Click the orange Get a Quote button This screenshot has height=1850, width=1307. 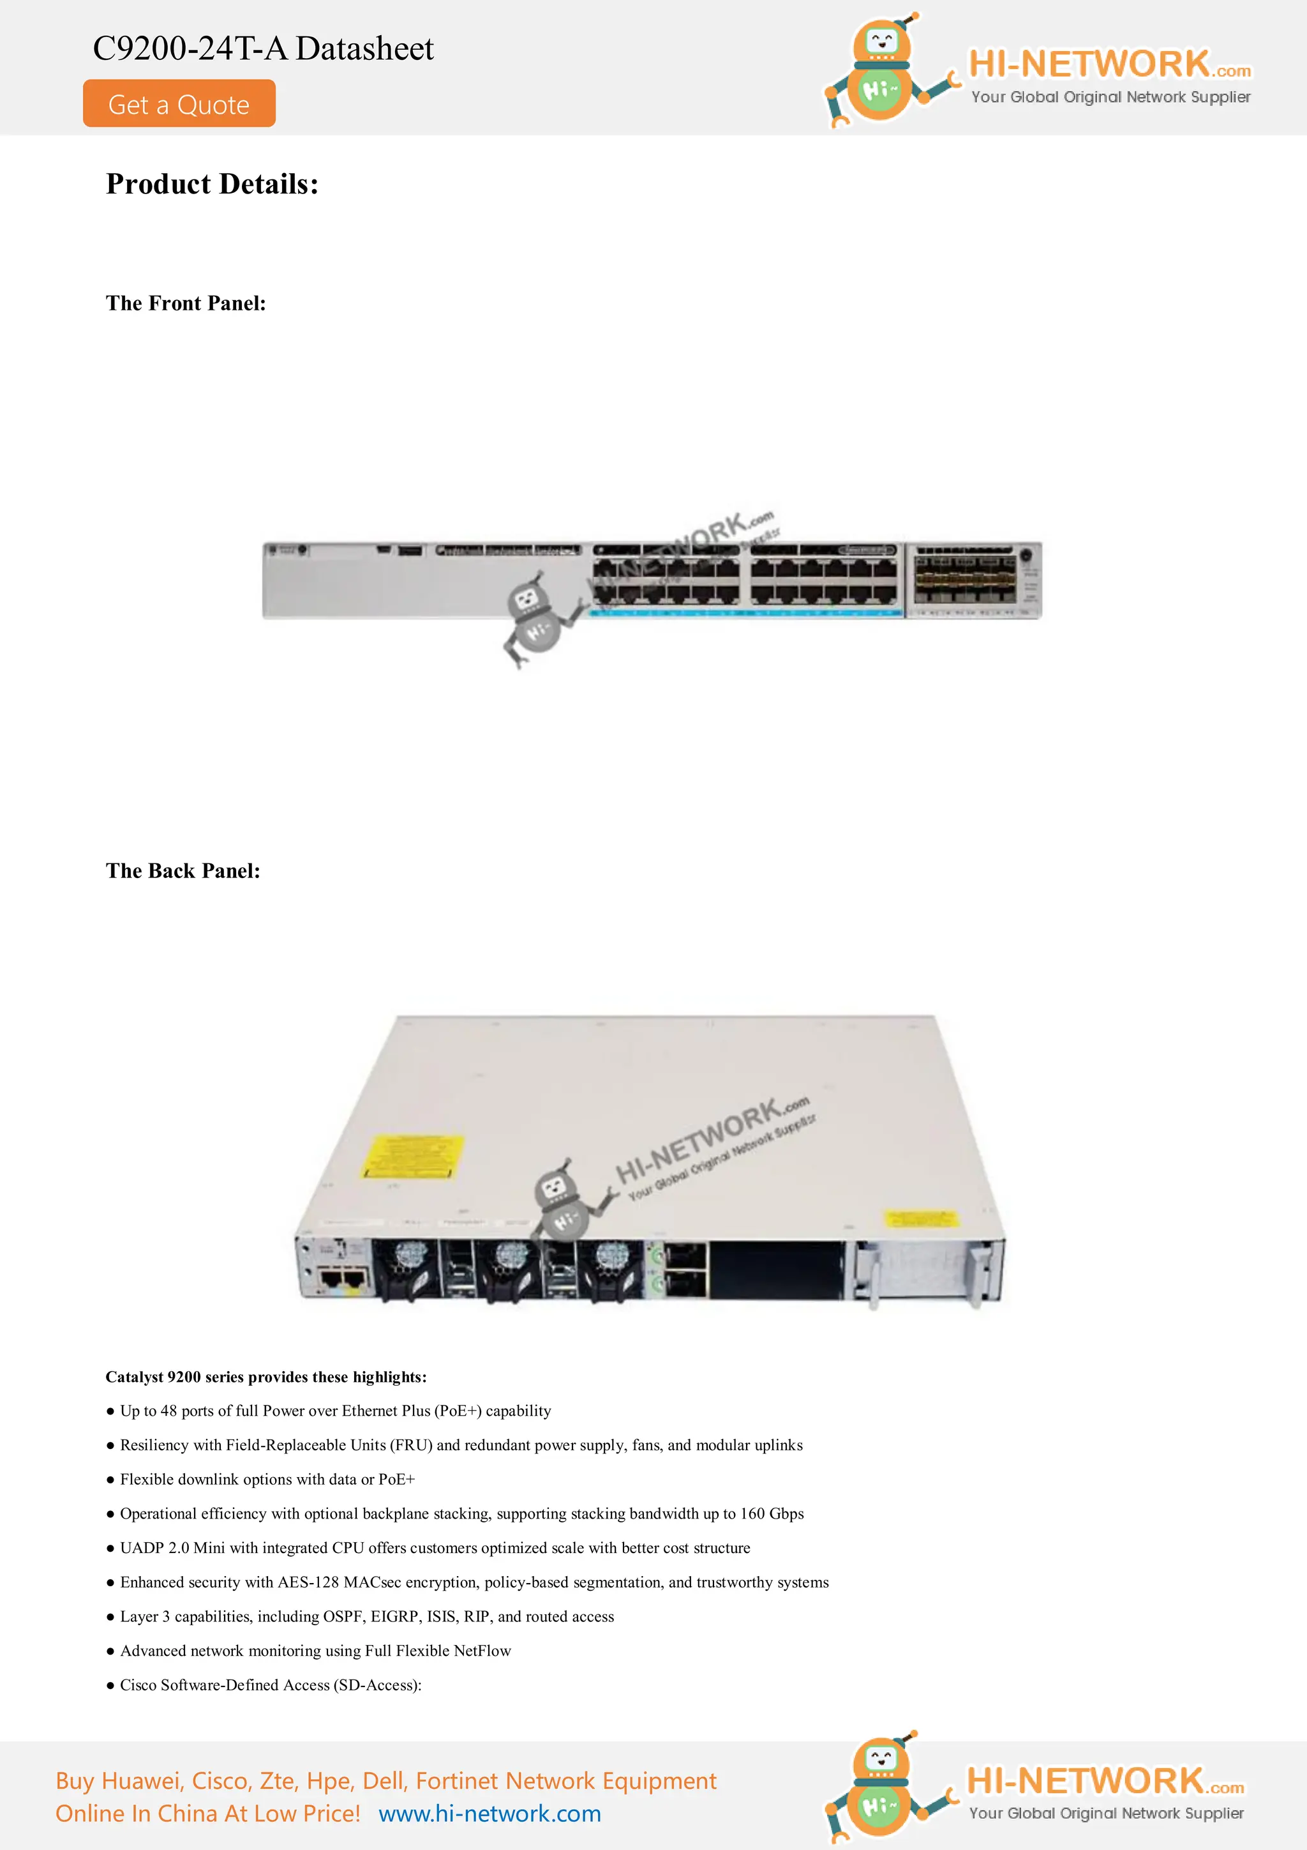point(179,104)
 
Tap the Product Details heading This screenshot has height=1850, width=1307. point(212,185)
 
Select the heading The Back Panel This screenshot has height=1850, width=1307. point(183,871)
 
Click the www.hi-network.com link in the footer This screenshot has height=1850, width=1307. point(489,1814)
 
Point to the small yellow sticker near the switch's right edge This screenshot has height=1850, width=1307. point(920,1218)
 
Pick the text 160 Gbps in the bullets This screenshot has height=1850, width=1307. point(772,1514)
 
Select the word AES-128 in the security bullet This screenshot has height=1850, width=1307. point(308,1582)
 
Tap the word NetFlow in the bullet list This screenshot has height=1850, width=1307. point(482,1651)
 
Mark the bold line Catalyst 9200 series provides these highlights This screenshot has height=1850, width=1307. point(265,1377)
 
